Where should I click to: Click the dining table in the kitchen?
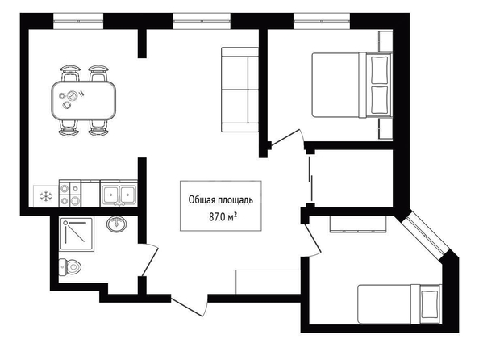tap(83, 100)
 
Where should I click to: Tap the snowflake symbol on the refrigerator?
tap(46, 196)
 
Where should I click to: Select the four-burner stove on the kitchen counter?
tap(70, 193)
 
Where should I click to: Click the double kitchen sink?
tap(119, 195)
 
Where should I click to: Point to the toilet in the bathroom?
tap(70, 267)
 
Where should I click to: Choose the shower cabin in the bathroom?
tap(77, 234)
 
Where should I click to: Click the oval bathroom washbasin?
tap(116, 224)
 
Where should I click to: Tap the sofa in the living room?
tap(240, 90)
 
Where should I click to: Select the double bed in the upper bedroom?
tap(352, 85)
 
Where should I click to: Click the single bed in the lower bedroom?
tap(400, 304)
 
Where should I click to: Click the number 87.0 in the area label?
tap(217, 217)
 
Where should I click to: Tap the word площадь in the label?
tap(236, 200)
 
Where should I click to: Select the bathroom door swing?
tap(149, 260)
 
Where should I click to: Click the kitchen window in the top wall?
tap(78, 21)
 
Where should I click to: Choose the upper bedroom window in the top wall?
tap(322, 21)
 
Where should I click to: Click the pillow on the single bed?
tap(430, 304)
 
